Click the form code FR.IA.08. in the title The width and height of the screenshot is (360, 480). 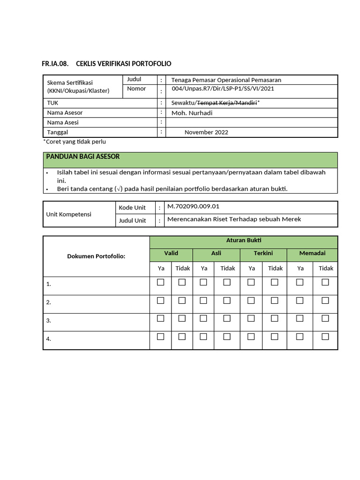(56, 64)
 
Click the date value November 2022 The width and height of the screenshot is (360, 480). (206, 132)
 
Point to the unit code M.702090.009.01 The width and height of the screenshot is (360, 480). (193, 206)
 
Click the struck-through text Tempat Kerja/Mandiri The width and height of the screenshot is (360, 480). (227, 103)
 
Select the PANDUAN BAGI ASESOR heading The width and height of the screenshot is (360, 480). (82, 157)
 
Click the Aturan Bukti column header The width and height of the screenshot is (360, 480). (243, 240)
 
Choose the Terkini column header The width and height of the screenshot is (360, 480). (263, 253)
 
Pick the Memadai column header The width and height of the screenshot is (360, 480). (313, 253)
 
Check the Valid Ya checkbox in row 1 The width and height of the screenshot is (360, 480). (161, 282)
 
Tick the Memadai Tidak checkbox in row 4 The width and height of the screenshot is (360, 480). (325, 337)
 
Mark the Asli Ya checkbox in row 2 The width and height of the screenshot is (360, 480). (203, 300)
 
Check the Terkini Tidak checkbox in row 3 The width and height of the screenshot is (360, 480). (275, 318)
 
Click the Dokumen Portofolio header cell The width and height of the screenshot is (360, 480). (96, 256)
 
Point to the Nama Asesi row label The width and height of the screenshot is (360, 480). (63, 122)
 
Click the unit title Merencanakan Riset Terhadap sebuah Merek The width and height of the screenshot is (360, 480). (234, 219)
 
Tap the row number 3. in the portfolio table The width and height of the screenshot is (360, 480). (48, 321)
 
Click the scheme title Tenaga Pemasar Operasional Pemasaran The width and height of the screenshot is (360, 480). (226, 80)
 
